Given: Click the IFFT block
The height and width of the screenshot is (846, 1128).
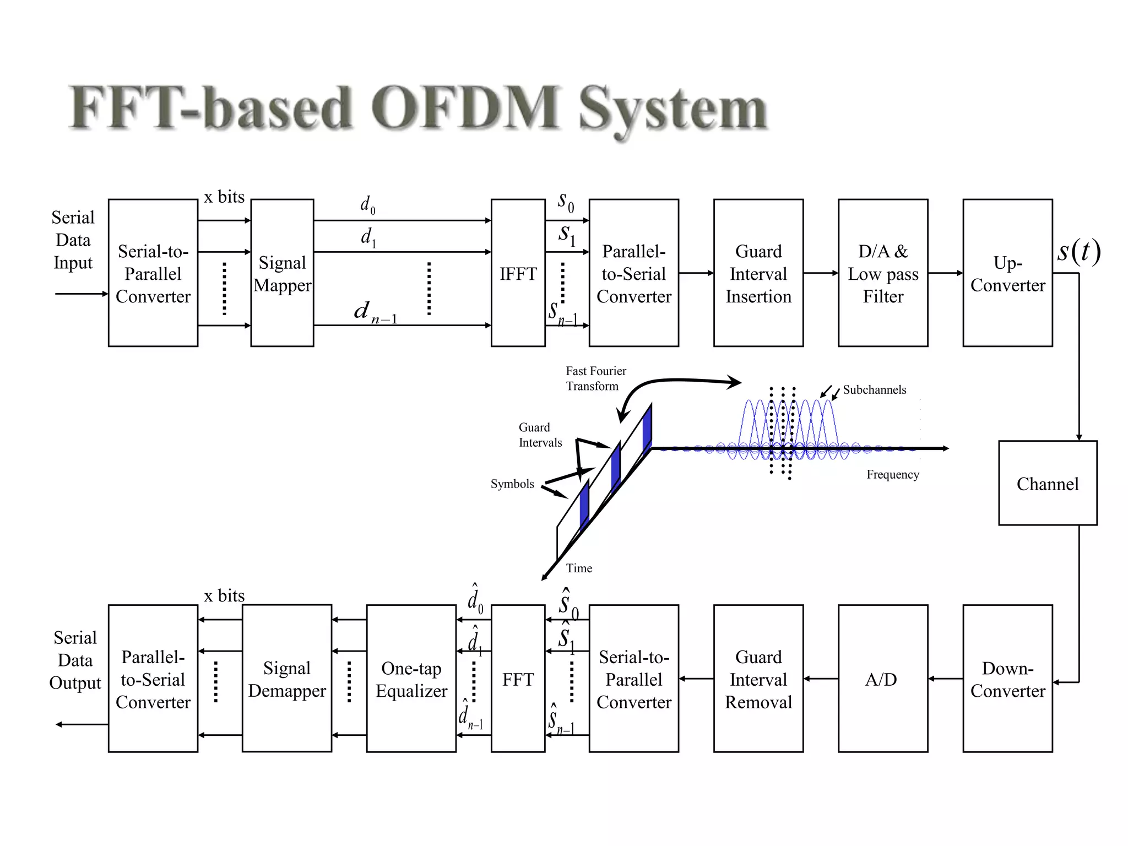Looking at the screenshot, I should tap(518, 273).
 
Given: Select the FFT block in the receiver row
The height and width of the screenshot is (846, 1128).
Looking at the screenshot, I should tap(518, 679).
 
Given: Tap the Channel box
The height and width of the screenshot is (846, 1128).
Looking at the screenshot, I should tap(1047, 483).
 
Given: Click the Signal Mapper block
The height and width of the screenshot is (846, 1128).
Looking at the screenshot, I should tap(282, 273).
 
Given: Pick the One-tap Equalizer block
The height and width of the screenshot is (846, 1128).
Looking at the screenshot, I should tap(411, 679).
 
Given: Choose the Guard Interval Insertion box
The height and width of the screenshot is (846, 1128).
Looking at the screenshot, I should tap(758, 273).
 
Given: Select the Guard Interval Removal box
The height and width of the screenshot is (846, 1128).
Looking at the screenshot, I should tap(758, 679).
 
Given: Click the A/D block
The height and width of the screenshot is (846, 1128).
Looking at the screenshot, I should tap(882, 679).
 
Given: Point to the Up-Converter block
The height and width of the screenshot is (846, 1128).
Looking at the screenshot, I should tap(1007, 273).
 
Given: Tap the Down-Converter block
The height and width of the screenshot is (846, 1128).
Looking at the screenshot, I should tap(1007, 679).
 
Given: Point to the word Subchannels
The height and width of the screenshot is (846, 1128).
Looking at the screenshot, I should tap(874, 390).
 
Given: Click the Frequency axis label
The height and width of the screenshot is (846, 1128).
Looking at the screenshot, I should tap(892, 474).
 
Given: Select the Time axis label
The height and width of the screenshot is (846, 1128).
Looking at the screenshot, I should tap(579, 568).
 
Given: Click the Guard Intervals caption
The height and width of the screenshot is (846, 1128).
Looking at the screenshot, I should tap(539, 435).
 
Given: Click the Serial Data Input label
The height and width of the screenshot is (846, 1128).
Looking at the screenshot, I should tap(73, 240).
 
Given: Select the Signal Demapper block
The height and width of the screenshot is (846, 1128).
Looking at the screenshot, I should tap(286, 679).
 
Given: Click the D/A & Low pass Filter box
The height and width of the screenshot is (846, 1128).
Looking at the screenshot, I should tap(882, 273).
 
